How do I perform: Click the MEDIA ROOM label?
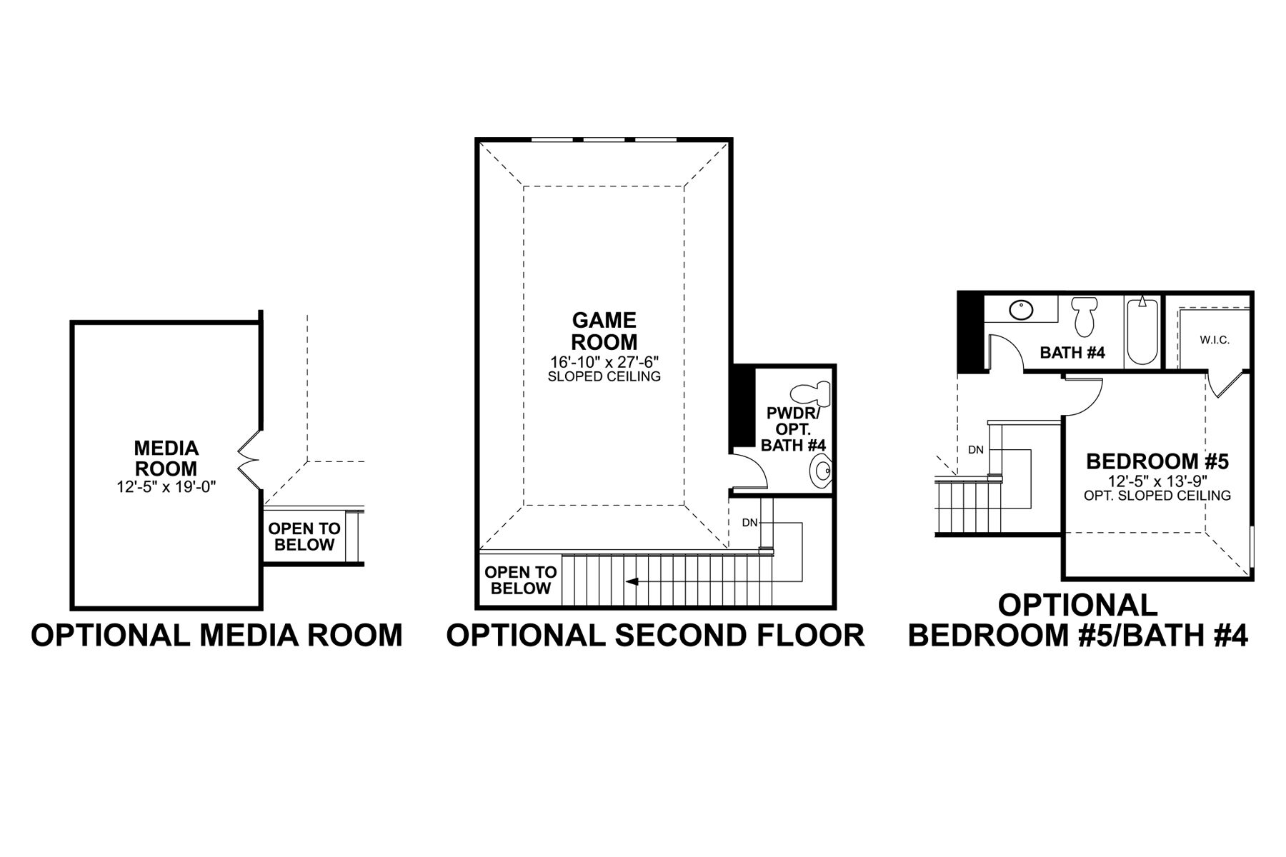coord(166,458)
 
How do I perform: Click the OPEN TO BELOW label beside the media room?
coord(304,537)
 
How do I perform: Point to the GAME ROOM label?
coord(604,331)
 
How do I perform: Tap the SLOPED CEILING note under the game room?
coord(604,376)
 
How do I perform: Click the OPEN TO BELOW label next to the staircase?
coord(521,580)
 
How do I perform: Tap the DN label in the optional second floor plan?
coord(749,523)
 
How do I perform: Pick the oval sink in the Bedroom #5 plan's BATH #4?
coord(1022,311)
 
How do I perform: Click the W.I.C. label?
coord(1215,340)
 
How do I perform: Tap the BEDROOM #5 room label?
coord(1157,461)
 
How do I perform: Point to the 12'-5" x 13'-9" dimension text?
coord(1157,481)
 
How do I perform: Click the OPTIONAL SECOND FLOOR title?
coord(656,635)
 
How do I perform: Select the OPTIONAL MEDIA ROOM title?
coord(217,635)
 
